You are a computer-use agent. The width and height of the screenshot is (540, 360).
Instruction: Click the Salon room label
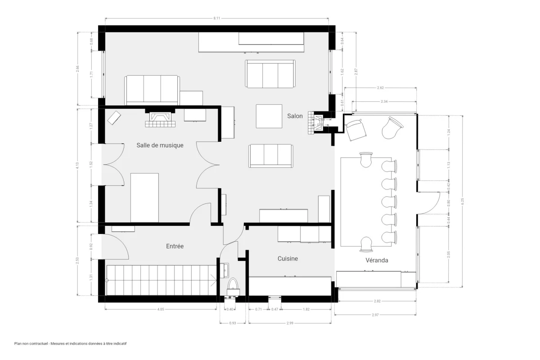point(295,116)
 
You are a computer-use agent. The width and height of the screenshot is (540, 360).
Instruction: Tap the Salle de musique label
point(160,145)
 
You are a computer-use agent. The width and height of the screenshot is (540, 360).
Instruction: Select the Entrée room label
point(175,246)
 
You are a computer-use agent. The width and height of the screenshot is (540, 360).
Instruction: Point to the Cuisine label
point(288,259)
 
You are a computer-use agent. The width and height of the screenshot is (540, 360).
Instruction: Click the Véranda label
point(377,260)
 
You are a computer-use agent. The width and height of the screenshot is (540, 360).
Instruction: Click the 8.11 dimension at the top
point(217,18)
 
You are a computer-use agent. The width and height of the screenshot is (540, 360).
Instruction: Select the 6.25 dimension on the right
point(462,201)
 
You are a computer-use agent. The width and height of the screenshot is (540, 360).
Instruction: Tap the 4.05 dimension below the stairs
point(161,309)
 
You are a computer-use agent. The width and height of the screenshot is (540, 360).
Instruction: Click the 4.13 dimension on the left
point(77,165)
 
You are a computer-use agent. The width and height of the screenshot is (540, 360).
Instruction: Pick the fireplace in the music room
point(159,118)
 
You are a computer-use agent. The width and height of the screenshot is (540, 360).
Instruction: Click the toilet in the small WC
point(233,285)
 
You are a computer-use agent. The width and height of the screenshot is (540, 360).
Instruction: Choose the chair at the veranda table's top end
point(366,160)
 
